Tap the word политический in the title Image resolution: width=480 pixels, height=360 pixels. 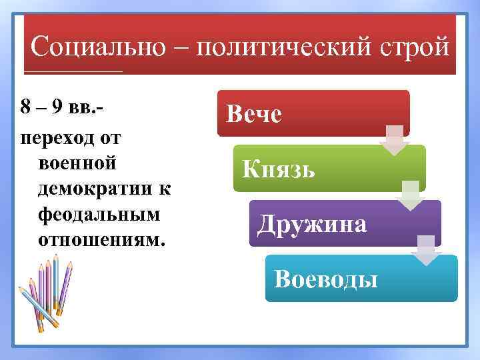click(x=284, y=47)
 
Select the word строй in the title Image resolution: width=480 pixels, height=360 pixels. click(x=414, y=47)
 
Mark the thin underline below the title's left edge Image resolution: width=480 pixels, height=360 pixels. click(x=73, y=70)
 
